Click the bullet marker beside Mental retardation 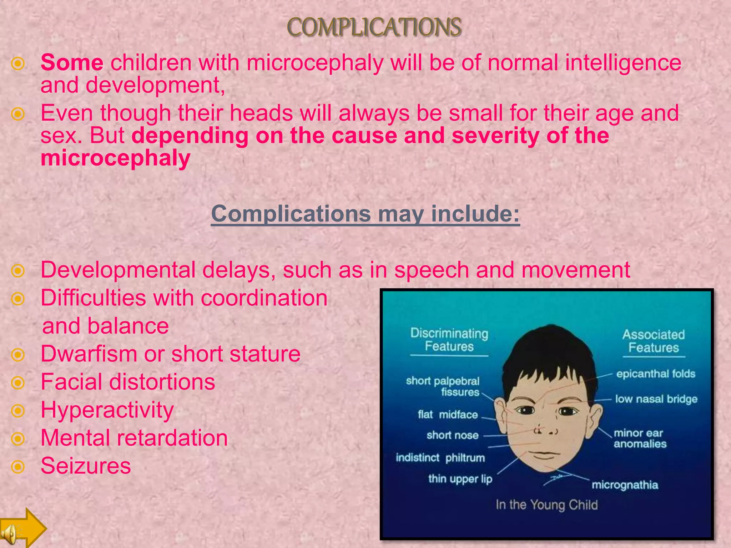[x=18, y=439]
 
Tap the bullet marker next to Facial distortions [x=18, y=383]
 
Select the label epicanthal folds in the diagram [x=656, y=374]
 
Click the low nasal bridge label [x=656, y=399]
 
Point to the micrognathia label [x=625, y=485]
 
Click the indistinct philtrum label [x=440, y=457]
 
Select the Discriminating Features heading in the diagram [x=449, y=340]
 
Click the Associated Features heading [x=654, y=341]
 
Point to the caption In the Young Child [x=546, y=505]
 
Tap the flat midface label [x=448, y=415]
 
